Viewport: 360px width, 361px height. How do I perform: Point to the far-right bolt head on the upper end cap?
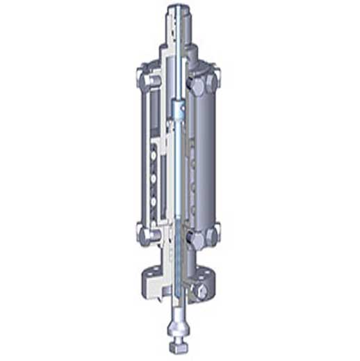(216, 72)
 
